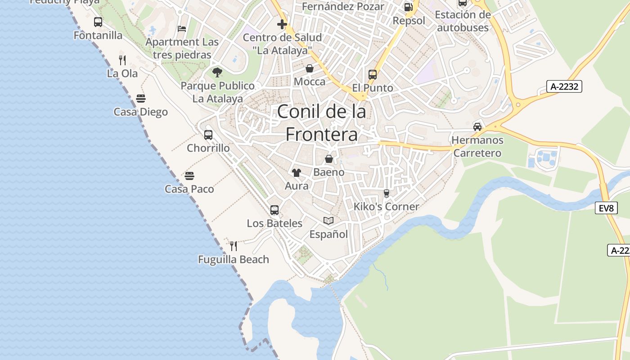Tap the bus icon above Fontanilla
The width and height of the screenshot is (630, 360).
click(98, 22)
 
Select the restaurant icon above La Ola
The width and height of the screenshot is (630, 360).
click(122, 59)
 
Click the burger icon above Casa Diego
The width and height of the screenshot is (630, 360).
click(140, 99)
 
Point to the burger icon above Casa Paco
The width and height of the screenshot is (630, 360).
click(189, 175)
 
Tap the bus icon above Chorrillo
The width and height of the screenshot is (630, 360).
click(208, 135)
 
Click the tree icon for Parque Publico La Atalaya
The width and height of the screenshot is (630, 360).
click(217, 72)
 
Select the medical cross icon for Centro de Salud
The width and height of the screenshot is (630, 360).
click(282, 24)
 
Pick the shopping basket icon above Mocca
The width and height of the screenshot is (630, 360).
click(310, 68)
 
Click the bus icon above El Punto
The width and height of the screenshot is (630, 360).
click(372, 74)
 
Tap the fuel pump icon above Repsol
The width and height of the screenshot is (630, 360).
click(408, 7)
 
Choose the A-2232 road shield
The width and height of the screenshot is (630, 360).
click(564, 86)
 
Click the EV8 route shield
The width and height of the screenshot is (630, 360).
click(606, 208)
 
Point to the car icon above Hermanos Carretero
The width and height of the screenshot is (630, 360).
click(477, 127)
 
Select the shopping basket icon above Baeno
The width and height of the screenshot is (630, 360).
click(329, 159)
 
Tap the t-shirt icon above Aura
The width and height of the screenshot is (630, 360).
click(296, 172)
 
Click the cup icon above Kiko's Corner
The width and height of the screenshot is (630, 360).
click(386, 193)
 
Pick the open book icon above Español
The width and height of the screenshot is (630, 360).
click(328, 220)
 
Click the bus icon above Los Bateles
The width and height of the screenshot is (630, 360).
click(274, 210)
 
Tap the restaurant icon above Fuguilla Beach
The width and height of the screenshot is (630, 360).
click(233, 246)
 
